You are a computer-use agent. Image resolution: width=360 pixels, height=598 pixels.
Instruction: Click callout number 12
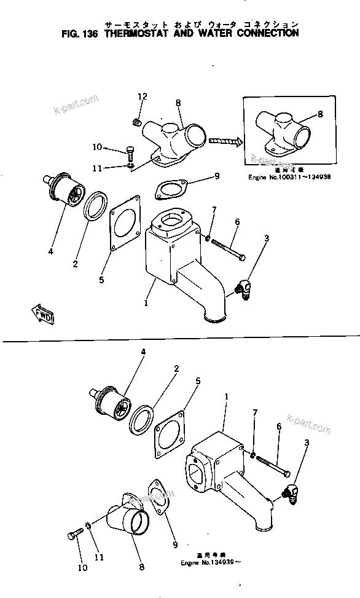(143, 96)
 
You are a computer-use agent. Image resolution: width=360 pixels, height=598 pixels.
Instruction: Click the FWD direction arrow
(42, 315)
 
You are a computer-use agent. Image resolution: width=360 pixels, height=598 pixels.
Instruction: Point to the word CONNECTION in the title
(263, 33)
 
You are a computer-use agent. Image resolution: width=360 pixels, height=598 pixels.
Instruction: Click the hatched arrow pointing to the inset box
(226, 141)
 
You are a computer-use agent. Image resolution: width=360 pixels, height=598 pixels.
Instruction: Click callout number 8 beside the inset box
(320, 114)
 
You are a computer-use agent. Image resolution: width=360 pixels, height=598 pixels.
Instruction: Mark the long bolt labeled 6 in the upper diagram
(230, 247)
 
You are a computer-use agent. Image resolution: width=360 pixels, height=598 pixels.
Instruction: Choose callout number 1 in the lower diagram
(226, 398)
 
